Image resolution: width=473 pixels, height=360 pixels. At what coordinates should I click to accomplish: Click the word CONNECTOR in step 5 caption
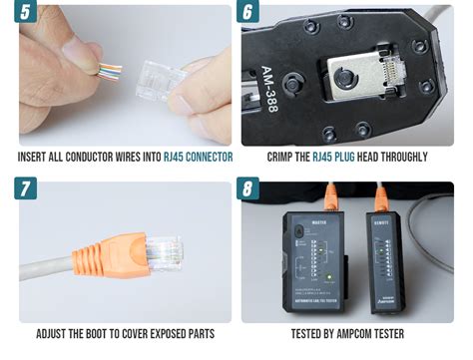click(204, 157)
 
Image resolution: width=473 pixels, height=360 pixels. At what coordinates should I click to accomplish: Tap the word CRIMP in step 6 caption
click(284, 157)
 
